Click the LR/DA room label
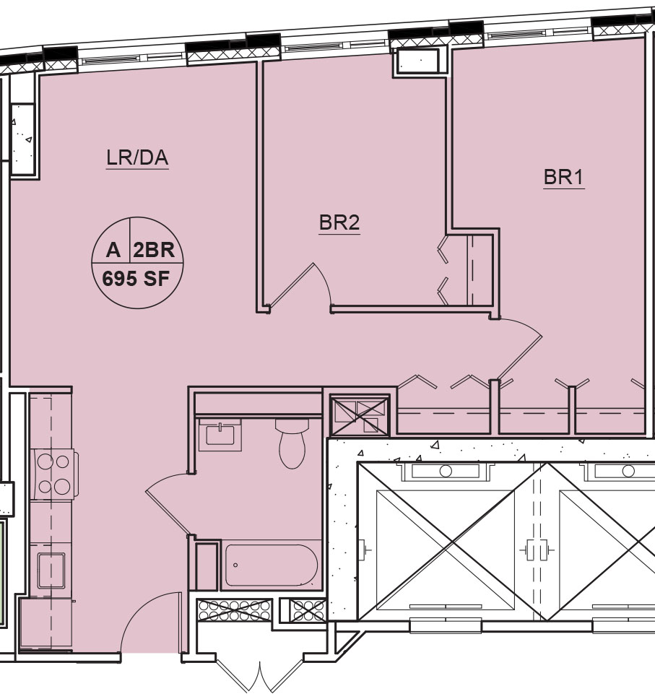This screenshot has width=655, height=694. [137, 158]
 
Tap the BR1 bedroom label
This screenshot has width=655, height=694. [564, 178]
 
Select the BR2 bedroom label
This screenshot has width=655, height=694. [339, 222]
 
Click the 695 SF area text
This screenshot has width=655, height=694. [136, 279]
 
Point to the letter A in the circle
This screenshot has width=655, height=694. [113, 251]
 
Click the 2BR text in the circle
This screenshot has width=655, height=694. [154, 251]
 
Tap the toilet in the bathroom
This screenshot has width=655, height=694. [292, 443]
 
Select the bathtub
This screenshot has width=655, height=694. [272, 565]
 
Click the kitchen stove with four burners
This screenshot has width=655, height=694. [53, 474]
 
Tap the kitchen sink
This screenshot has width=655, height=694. [51, 571]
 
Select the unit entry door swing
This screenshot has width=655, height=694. [146, 615]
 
